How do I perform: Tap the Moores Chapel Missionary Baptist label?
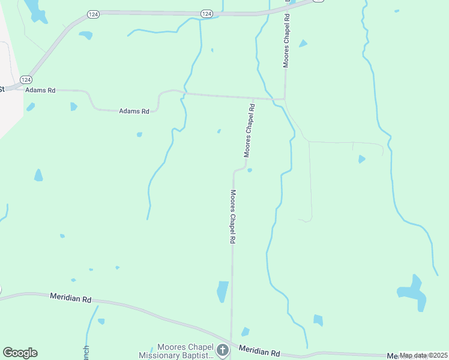pos(185,352)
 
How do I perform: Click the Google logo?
pos(20,353)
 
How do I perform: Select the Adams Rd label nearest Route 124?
pos(40,90)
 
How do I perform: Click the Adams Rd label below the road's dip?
pos(133,111)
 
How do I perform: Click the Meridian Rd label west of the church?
pos(70,298)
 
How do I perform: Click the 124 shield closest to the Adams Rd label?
pos(26,79)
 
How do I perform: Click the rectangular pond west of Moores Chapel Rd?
pos(223,292)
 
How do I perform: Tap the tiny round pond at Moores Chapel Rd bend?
pos(249,170)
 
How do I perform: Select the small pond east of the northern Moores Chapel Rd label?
pos(303,43)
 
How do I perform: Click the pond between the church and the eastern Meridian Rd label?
pos(245,332)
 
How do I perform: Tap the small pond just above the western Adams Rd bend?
pos(73,107)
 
